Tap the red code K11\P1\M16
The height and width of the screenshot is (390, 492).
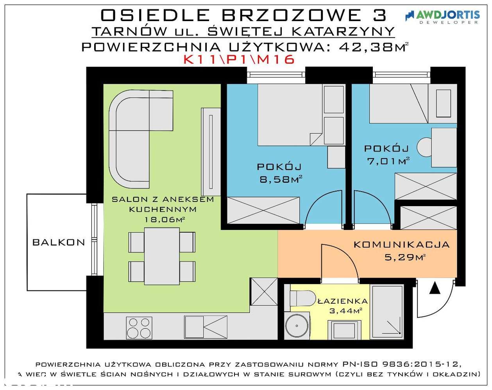coord(239,60)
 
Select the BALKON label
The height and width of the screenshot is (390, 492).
coord(59,242)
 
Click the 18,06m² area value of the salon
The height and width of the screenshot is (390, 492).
coord(165,219)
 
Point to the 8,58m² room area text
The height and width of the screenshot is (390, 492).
coord(281,180)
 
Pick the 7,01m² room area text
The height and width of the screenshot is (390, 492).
coord(388,161)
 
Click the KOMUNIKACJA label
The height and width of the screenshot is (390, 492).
coord(401,245)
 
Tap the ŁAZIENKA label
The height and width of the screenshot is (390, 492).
coord(342,301)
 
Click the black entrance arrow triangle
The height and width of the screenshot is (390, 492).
coord(435,289)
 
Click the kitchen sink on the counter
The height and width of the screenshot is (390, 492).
coord(206,327)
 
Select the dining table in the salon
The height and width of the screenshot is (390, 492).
coord(162,256)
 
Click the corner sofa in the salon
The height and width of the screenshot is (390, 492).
coord(133,129)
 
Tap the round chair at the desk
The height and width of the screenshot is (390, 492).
coord(424,147)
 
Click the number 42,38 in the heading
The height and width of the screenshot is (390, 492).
coord(365,47)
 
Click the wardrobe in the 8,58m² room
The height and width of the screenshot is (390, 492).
coord(263,210)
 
